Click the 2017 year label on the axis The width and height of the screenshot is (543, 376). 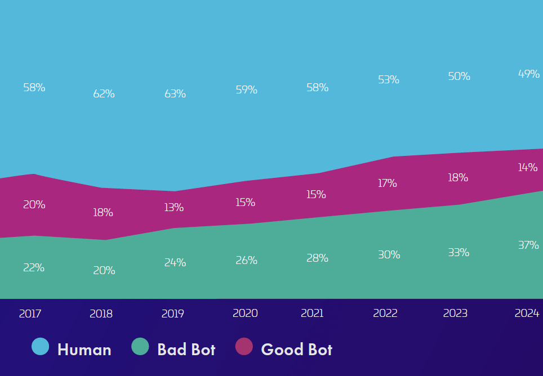(30, 314)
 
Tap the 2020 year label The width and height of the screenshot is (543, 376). (245, 314)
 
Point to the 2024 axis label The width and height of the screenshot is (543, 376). (527, 314)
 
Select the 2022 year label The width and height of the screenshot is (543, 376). (385, 314)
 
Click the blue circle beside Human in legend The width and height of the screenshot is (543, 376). (41, 347)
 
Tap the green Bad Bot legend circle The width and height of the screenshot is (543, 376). (140, 347)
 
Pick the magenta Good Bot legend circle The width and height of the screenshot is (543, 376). (244, 347)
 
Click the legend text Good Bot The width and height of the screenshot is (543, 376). (297, 350)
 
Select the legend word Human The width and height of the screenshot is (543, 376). (84, 350)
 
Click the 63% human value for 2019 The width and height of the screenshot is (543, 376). (175, 94)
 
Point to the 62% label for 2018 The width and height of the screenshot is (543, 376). (104, 94)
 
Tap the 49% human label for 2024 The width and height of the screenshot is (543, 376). (529, 74)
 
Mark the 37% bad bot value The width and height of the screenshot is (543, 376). (528, 245)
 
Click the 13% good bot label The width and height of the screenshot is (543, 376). (174, 208)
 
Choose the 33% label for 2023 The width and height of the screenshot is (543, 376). (459, 253)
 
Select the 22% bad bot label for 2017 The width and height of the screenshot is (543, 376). (34, 268)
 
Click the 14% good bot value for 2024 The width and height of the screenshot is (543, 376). (528, 168)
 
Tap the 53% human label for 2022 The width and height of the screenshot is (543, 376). (389, 80)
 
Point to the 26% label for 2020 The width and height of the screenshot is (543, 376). (247, 261)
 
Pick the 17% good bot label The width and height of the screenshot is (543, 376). (388, 183)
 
